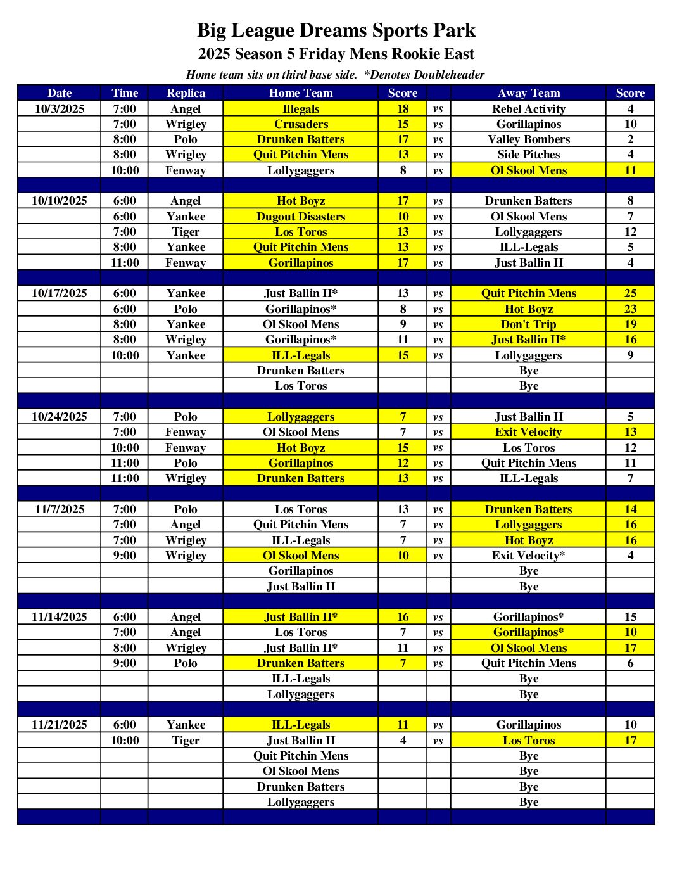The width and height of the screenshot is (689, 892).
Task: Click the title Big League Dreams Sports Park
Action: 336,30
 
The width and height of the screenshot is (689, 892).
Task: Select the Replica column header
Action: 186,93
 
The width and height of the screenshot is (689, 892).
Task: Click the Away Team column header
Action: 529,93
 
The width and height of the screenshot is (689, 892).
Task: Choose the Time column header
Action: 125,93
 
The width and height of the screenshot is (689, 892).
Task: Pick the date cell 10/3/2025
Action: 60,109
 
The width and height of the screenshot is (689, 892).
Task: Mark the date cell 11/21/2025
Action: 60,725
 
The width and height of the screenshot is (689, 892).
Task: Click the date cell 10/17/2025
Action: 60,293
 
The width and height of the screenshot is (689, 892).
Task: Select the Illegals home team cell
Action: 301,109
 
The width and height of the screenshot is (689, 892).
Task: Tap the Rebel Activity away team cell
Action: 529,109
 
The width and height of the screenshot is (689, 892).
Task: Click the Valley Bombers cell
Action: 529,139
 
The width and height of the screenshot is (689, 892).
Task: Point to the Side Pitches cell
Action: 529,155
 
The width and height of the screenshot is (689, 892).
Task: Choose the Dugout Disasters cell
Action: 301,217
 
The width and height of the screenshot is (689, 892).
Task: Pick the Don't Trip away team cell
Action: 529,324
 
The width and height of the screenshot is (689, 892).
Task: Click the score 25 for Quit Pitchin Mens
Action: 630,293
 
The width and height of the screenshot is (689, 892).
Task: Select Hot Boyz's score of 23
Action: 630,309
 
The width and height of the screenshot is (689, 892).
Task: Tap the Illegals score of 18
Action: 403,109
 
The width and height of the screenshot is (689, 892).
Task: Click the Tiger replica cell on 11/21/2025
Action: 186,741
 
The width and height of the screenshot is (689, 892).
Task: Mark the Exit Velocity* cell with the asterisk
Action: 529,556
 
